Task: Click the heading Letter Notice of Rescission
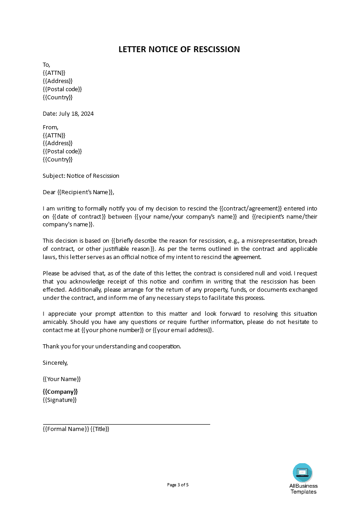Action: tap(179, 49)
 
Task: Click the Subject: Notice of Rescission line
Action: tap(81, 176)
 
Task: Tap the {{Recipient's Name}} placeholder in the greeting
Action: tap(85, 192)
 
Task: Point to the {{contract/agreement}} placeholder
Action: tap(251, 209)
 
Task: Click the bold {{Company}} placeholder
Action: tap(60, 392)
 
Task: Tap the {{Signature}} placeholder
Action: tap(59, 400)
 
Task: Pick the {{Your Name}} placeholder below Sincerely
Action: tap(62, 379)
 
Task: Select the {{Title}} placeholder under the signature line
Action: tap(100, 429)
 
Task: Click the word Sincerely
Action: tap(55, 362)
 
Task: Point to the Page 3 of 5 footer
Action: tap(178, 485)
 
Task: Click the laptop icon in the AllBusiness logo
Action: tap(303, 472)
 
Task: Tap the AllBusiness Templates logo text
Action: tap(304, 489)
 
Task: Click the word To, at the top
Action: tap(46, 65)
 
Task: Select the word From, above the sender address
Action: tap(50, 127)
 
